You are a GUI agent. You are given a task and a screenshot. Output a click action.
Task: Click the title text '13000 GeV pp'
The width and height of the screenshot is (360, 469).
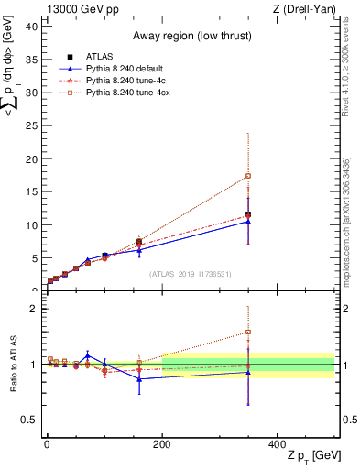coord(77,8)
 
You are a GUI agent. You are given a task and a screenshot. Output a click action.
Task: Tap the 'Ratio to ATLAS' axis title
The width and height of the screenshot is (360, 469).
coord(11,365)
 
